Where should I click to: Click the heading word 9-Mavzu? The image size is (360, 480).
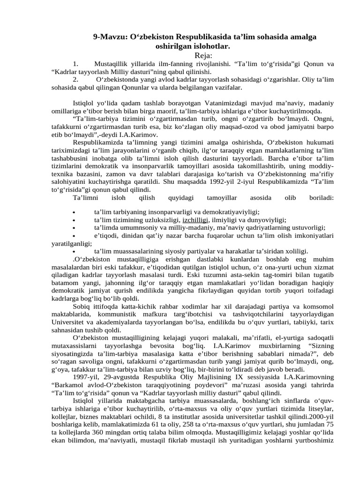[109, 37]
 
